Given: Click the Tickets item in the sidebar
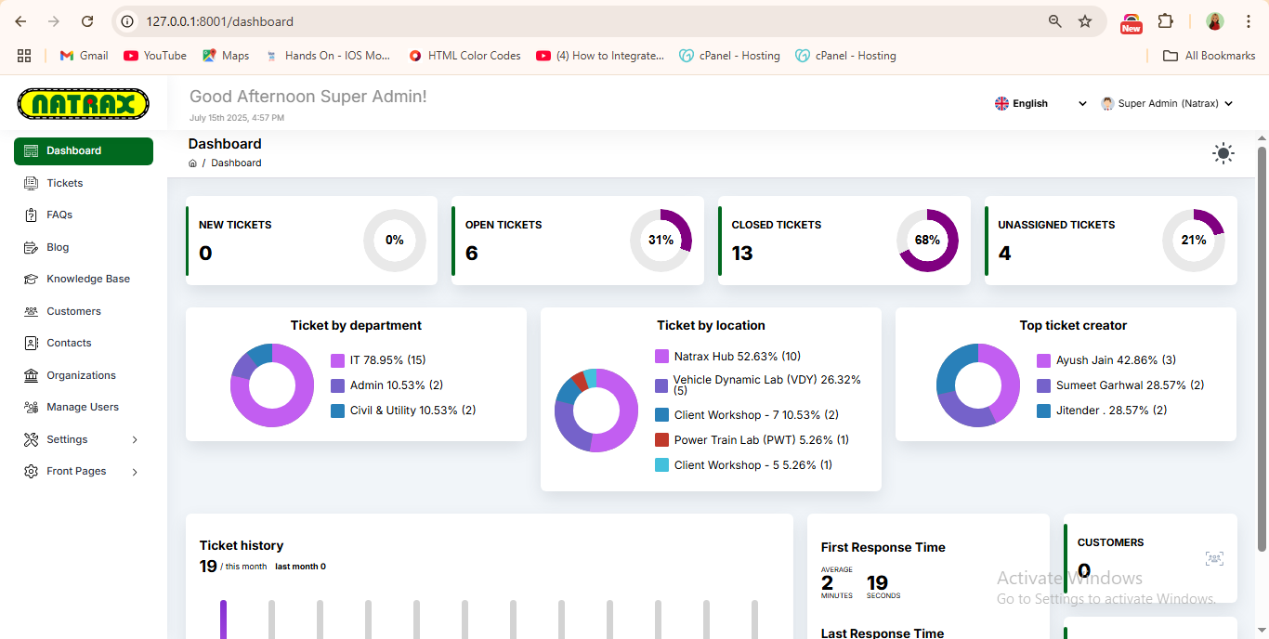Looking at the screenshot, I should coord(64,183).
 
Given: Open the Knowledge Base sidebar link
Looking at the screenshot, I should coord(87,279).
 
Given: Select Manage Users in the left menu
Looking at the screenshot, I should coord(82,407).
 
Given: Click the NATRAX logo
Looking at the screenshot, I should coord(84,103).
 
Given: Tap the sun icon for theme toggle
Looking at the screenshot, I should coord(1223,154).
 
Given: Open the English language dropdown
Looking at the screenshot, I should coord(1040,104).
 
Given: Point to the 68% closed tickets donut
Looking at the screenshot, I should coord(927,241).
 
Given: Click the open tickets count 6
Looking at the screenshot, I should coord(472,254).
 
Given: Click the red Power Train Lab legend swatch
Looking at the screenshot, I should coord(662,440).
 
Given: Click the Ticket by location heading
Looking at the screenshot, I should coord(711,326).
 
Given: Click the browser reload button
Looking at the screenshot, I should coord(87,21).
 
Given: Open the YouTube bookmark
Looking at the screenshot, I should coord(155,56).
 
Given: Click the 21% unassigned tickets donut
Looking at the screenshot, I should coord(1194,241).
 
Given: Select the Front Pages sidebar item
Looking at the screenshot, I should coord(76,471).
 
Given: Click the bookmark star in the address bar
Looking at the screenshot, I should coord(1085,21).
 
